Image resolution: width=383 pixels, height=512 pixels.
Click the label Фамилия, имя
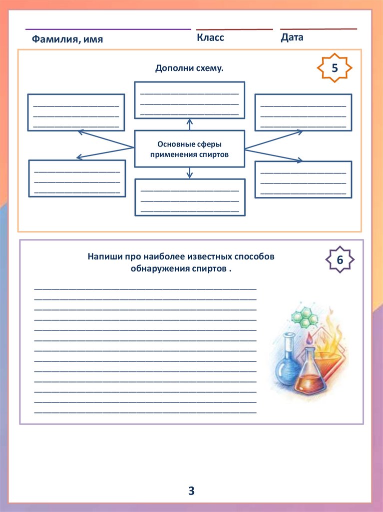point(67,39)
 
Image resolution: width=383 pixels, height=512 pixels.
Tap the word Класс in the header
point(210,37)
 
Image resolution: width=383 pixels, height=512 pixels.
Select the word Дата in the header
point(292,37)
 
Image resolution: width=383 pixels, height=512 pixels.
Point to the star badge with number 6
point(340,259)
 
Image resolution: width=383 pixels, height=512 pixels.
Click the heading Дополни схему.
point(189,68)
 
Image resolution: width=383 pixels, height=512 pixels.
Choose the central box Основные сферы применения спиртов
point(189,149)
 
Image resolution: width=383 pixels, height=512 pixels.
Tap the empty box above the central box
point(189,100)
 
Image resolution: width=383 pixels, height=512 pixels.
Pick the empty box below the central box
point(190,197)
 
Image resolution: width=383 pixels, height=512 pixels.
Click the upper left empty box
point(76,112)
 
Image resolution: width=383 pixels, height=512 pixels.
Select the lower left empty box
point(77,178)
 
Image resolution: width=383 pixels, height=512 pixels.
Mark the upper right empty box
point(303,112)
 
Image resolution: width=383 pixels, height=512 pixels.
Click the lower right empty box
point(303,179)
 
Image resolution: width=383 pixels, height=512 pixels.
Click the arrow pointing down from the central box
point(189,172)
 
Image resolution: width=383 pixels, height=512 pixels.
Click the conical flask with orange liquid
point(310,377)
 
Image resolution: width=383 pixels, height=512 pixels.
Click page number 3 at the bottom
point(191,491)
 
